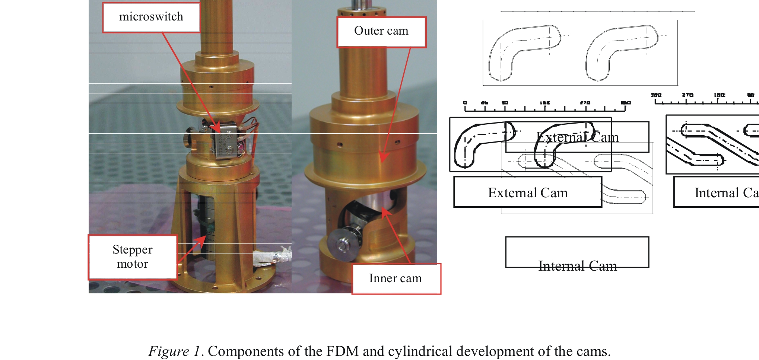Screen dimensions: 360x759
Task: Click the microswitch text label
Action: (x=151, y=17)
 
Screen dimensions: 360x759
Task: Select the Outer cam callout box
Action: (x=381, y=32)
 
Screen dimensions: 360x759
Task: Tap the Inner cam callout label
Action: (x=396, y=278)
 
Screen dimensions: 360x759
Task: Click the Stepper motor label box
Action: (x=133, y=257)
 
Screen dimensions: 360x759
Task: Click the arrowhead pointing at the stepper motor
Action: (x=201, y=240)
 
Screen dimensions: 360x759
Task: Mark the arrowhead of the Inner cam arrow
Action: (x=386, y=212)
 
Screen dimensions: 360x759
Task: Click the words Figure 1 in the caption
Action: (x=174, y=351)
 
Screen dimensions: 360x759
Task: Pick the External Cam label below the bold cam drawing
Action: (x=528, y=193)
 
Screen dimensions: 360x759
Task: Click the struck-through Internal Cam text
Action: (x=577, y=266)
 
